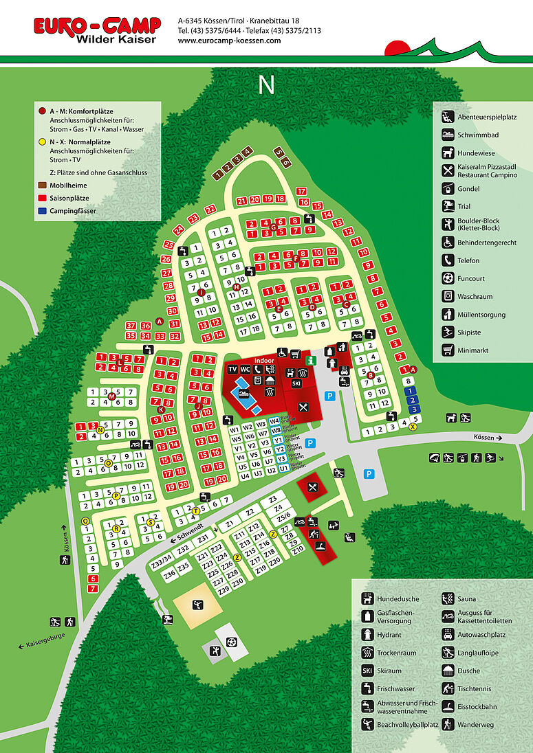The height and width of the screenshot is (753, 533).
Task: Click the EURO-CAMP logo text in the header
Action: (97, 25)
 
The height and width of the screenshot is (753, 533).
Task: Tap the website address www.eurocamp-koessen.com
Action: (229, 41)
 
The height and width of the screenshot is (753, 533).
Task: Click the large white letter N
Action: (266, 85)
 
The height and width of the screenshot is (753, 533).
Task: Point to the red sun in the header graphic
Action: (397, 49)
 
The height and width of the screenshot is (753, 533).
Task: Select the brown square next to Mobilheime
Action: (42, 185)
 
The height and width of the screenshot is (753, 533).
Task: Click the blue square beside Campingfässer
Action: (42, 211)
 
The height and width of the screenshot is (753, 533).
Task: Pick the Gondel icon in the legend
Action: (447, 188)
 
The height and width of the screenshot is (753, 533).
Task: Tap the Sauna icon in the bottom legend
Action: (447, 598)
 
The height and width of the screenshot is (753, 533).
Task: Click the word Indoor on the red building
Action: (264, 360)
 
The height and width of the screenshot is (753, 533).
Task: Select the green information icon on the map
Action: (311, 359)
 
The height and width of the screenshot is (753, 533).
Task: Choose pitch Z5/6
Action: (283, 515)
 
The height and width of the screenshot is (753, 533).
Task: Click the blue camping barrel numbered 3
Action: (413, 409)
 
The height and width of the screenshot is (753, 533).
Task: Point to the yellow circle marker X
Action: (413, 427)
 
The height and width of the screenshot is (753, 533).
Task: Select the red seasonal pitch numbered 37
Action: (131, 325)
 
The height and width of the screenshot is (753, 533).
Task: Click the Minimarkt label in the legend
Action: (472, 350)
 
